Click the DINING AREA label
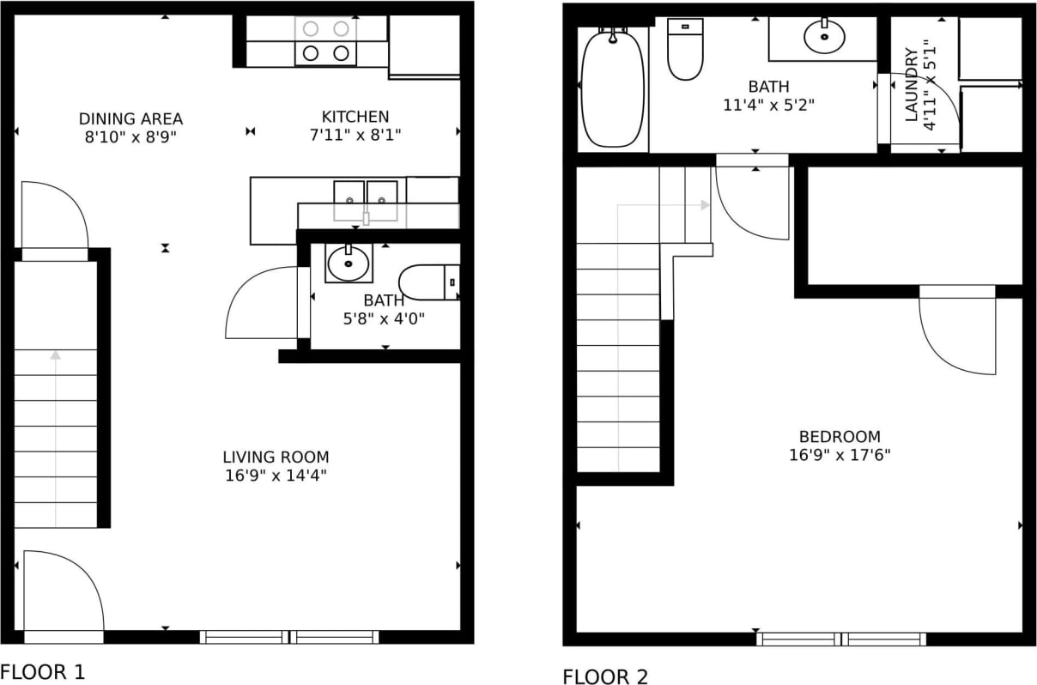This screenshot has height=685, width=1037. [x=130, y=118]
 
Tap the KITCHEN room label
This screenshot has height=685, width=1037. [x=355, y=116]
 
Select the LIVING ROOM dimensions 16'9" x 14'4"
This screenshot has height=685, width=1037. [x=276, y=475]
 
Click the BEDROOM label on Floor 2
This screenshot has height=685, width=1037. [x=840, y=436]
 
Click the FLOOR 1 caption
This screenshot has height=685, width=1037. [x=43, y=670]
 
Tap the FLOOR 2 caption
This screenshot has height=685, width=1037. [x=605, y=676]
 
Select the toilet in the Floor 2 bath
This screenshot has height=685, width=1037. [x=685, y=50]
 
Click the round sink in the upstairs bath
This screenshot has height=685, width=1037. [x=824, y=37]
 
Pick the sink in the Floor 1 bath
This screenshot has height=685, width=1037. [x=349, y=264]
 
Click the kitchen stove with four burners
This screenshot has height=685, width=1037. [x=326, y=41]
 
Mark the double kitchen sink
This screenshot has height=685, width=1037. [x=366, y=199]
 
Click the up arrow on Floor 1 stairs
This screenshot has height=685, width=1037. [x=56, y=354]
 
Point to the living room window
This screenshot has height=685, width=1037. [x=289, y=637]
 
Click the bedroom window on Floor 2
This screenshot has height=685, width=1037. [x=840, y=639]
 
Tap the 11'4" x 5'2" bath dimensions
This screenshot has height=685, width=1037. [x=768, y=105]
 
